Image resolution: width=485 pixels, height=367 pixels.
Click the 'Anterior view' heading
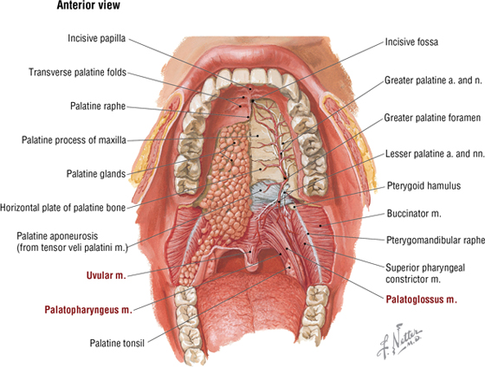(88, 5)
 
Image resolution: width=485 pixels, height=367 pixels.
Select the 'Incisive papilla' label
(96, 38)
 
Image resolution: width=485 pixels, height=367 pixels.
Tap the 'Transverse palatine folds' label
(78, 73)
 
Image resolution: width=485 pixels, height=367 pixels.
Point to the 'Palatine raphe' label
(98, 106)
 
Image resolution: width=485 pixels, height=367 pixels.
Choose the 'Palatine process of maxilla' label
(74, 140)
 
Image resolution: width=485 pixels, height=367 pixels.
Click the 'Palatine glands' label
(96, 174)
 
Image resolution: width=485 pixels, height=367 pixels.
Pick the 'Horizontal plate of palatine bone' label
(62, 208)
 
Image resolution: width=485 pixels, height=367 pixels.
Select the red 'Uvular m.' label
(107, 275)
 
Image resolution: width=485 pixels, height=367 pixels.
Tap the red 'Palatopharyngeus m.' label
(88, 310)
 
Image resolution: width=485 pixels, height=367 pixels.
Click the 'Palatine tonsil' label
(117, 343)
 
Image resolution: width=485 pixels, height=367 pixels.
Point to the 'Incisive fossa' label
(411, 42)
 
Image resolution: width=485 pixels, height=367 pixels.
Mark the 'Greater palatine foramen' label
(432, 118)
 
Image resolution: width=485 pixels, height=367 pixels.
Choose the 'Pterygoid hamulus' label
(424, 186)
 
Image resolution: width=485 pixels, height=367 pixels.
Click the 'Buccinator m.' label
(414, 213)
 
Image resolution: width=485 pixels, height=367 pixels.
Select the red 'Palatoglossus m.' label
(421, 299)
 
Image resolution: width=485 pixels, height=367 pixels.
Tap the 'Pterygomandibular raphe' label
(436, 241)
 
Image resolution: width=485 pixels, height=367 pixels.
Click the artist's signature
(399, 340)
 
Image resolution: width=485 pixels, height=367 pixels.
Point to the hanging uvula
(254, 263)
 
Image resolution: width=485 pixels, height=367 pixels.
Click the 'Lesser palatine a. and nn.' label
(435, 154)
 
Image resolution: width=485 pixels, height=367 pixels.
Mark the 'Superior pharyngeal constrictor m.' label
(425, 274)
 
